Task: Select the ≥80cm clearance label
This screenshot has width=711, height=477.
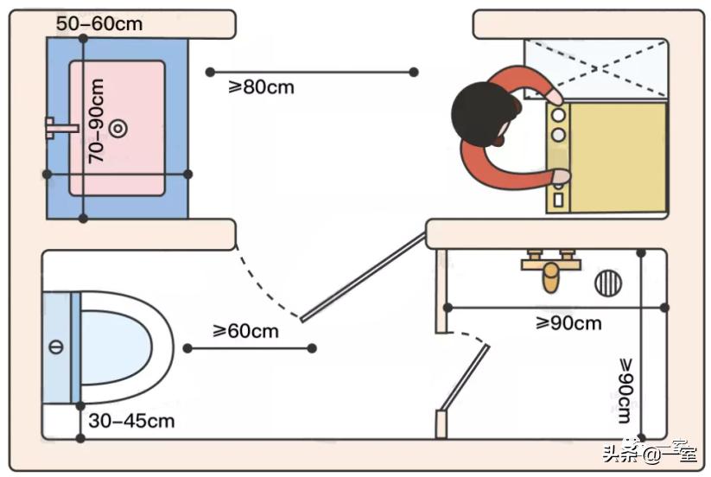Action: click(x=261, y=87)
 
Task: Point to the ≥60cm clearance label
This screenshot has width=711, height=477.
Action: click(x=245, y=330)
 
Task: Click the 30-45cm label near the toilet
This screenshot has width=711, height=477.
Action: click(x=131, y=421)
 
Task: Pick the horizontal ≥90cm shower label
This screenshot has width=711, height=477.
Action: click(x=568, y=323)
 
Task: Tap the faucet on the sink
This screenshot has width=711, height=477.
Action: click(x=60, y=129)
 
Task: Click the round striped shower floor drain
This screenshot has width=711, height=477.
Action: click(x=607, y=282)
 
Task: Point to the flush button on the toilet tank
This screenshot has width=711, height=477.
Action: click(x=56, y=347)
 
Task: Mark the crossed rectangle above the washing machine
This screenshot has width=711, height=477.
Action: click(x=596, y=68)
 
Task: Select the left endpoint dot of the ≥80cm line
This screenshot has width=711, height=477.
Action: click(x=208, y=72)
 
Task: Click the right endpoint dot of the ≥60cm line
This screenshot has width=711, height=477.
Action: click(x=312, y=348)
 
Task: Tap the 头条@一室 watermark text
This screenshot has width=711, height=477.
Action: click(x=649, y=452)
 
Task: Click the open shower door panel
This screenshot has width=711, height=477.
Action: click(x=465, y=377)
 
